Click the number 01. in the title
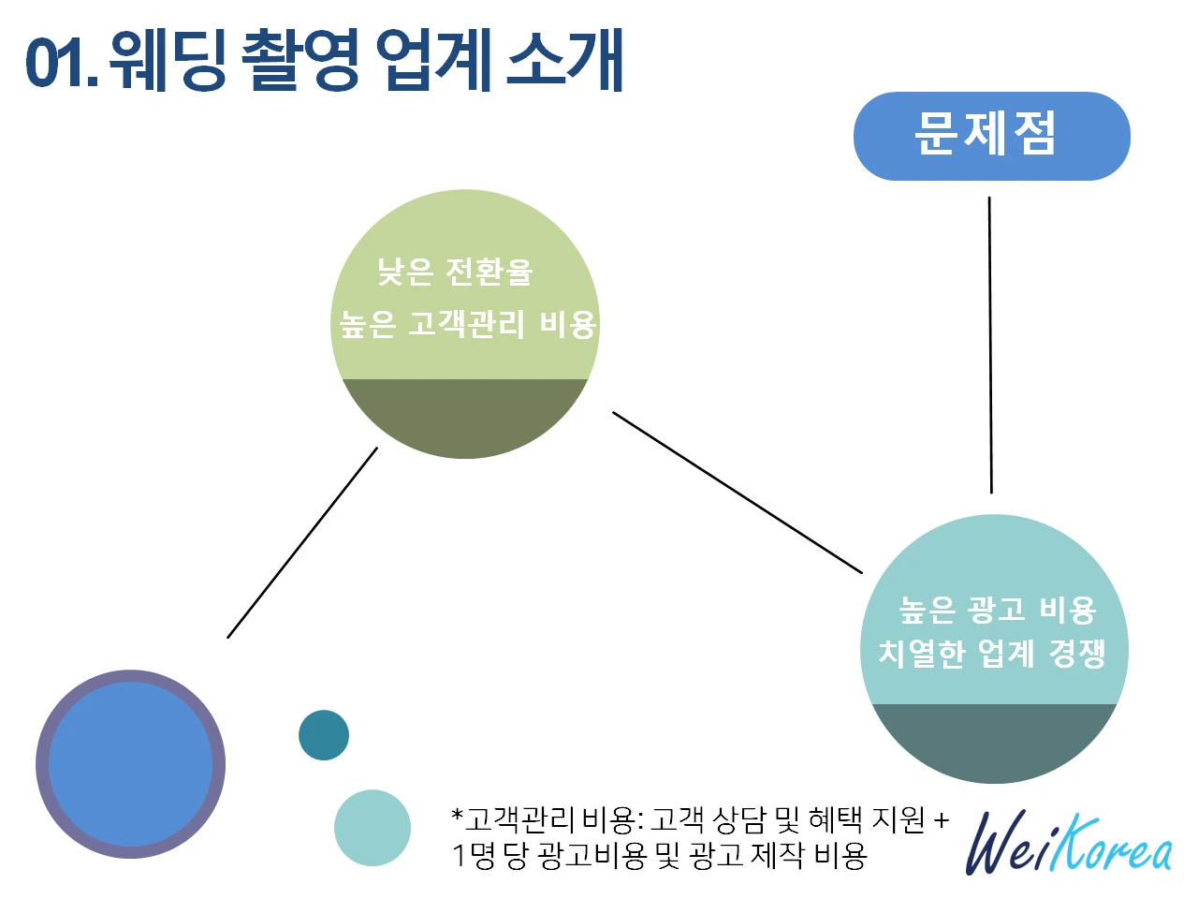pos(60,62)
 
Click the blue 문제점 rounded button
pos(991,136)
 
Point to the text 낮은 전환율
pos(455,272)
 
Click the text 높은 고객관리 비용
pos(467,324)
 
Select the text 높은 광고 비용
pos(997,610)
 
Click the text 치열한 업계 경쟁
pos(992,653)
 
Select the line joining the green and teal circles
pos(738,493)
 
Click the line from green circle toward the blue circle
pos(302,542)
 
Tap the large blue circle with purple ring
pos(130,764)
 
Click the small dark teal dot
pos(324,735)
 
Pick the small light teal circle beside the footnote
pos(373,828)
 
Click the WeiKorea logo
pos(1068,844)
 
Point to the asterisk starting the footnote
pos(458,815)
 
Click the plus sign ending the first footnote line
pos(941,820)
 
